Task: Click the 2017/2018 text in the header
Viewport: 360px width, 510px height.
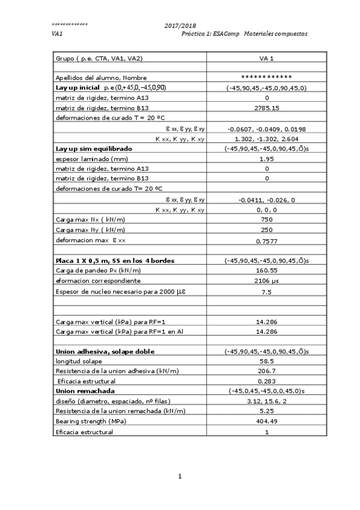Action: [180, 26]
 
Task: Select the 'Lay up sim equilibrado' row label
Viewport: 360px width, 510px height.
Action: [93, 148]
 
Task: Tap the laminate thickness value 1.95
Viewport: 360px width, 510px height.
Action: [266, 159]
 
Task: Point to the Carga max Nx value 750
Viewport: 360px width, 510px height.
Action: [266, 220]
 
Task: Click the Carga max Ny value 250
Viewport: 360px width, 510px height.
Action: [266, 230]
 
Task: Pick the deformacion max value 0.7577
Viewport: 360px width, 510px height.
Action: [266, 241]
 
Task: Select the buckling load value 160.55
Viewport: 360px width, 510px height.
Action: [266, 271]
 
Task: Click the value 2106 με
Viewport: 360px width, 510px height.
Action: [266, 281]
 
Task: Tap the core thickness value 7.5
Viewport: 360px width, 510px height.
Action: [266, 292]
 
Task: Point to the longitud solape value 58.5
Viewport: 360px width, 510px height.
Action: [266, 361]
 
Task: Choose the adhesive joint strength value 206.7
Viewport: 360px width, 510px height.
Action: [266, 371]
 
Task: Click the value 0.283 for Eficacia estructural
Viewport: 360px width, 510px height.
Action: [266, 381]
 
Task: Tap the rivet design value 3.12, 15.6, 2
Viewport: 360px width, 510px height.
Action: [266, 401]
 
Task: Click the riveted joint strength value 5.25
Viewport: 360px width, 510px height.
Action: [266, 411]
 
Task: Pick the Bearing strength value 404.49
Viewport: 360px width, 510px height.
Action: [266, 421]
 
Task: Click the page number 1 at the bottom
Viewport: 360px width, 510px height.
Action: [180, 477]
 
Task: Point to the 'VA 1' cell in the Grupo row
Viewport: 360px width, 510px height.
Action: [266, 58]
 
